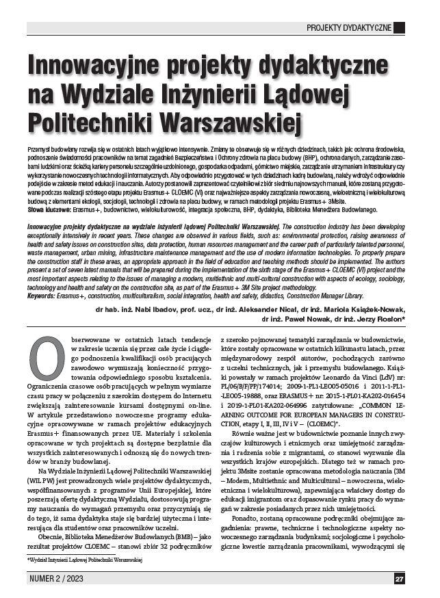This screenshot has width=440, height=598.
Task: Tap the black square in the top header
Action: click(x=399, y=27)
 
